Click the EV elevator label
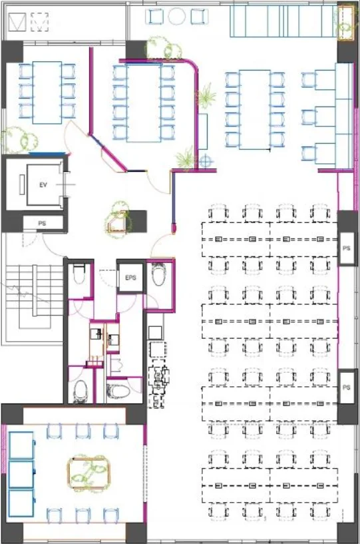point(43,185)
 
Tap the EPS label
point(130,278)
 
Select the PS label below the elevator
point(42,224)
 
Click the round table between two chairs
point(177,15)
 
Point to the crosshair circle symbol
point(206,161)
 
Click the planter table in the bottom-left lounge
point(89,473)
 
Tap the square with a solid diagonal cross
point(17,22)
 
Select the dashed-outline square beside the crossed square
point(39,22)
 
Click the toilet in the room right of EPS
point(159,274)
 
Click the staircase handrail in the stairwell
point(35,290)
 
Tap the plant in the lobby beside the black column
point(118,219)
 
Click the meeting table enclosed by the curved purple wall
point(144,103)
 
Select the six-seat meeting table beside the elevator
point(47,93)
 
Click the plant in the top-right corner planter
point(345,22)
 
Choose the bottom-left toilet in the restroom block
point(81,390)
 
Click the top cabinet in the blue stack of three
point(21,445)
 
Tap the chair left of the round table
point(154,16)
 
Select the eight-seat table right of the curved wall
point(255,109)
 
